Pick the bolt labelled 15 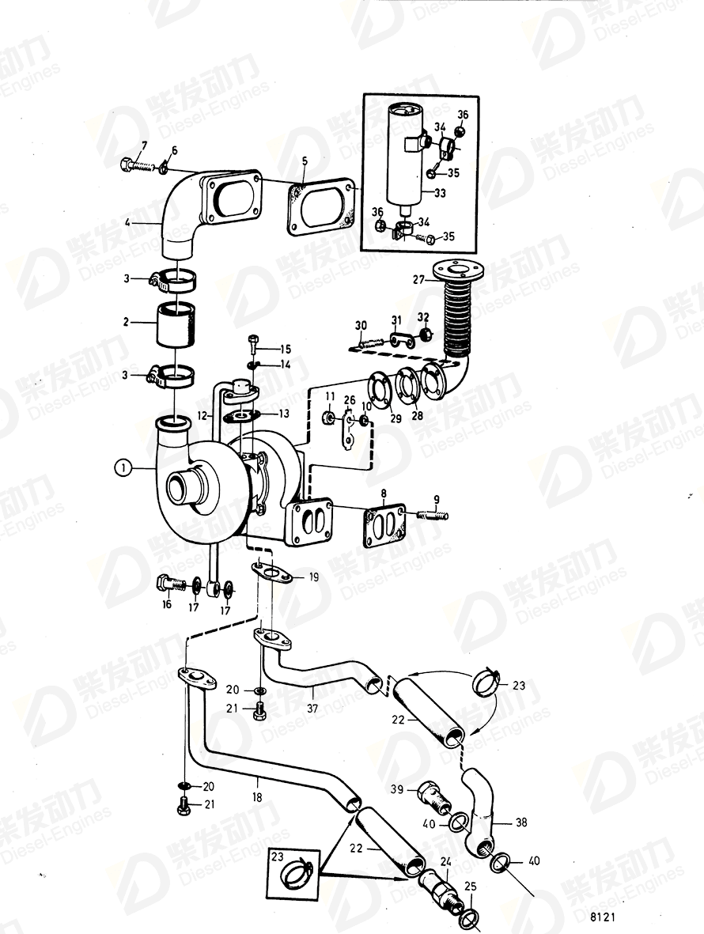pyautogui.click(x=252, y=342)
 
